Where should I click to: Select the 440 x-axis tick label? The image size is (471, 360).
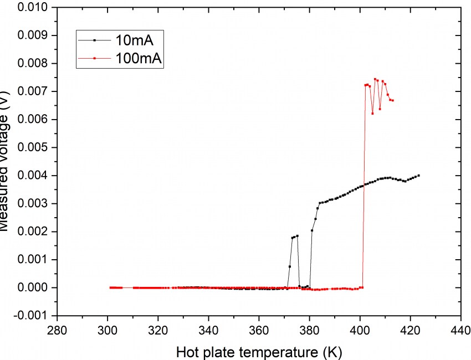pos(461,331)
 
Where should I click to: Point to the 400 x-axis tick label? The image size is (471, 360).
pos(360,331)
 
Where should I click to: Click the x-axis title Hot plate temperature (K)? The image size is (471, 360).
pos(259,351)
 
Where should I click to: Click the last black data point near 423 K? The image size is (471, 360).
pos(418,176)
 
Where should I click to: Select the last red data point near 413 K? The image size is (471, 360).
pos(393,100)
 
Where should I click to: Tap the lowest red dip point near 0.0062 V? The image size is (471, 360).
pos(373,114)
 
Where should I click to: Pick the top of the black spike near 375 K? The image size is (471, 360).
pos(297,236)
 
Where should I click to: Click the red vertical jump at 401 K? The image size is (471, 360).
pos(364,188)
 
